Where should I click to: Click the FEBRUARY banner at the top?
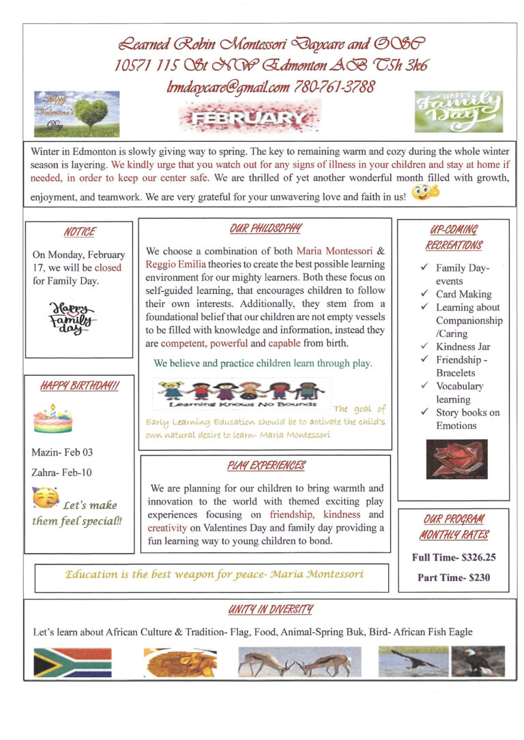(x=248, y=119)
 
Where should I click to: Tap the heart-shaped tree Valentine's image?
(x=76, y=113)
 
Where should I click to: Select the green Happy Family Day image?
(x=458, y=111)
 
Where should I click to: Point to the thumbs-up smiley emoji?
(x=425, y=193)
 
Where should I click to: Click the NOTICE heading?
(x=79, y=232)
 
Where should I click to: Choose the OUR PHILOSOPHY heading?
(x=265, y=228)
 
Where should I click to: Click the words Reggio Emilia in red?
(x=176, y=264)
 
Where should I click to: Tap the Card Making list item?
(x=463, y=294)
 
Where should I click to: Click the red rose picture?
(x=456, y=459)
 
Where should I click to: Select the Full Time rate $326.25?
(x=454, y=557)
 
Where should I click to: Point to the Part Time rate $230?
(x=454, y=578)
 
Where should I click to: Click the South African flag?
(x=72, y=662)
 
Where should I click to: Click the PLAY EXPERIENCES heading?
(x=266, y=466)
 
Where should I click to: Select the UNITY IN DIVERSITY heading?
(x=271, y=609)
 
